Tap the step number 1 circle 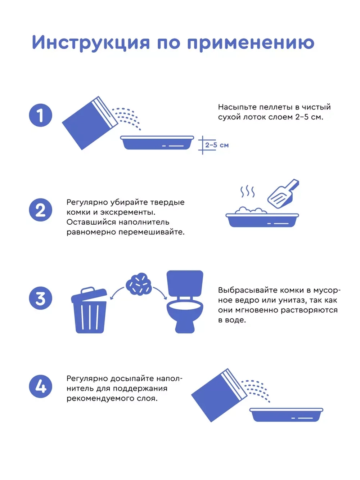coord(40,115)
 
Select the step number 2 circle coord(40,210)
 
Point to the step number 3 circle coord(40,298)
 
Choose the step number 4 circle coord(40,386)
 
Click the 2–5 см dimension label coord(217,145)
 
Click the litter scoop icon coord(283,194)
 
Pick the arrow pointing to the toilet coord(160,293)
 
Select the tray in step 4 coord(286,414)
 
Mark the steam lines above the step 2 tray coord(247,192)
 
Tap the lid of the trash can coord(89,293)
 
